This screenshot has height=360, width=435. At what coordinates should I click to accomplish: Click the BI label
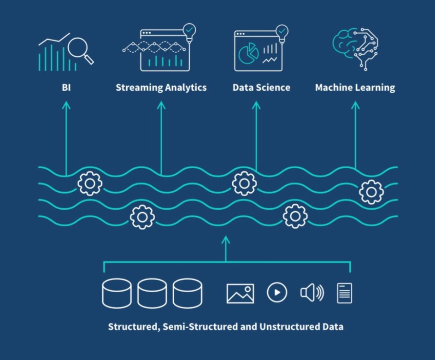(66, 87)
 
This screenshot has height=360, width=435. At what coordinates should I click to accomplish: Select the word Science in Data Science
(274, 87)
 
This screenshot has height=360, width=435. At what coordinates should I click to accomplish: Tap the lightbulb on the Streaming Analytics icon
(189, 31)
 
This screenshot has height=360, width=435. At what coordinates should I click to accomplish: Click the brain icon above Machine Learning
(355, 47)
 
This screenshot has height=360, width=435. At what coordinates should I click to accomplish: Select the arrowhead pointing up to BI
(66, 106)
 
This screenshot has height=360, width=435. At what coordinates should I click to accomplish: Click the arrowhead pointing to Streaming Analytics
(161, 106)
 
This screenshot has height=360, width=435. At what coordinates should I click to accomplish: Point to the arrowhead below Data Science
(256, 106)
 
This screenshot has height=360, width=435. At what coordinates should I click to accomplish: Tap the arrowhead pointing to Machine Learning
(355, 106)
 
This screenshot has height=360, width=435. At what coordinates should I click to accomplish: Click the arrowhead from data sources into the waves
(225, 240)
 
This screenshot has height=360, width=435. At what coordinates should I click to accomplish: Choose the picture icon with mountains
(240, 293)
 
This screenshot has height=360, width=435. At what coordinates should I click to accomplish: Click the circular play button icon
(277, 292)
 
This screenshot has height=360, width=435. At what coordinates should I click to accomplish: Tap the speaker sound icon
(312, 293)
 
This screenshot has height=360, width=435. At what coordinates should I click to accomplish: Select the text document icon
(344, 293)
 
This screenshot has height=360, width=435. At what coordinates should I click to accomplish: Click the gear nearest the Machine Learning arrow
(371, 192)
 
